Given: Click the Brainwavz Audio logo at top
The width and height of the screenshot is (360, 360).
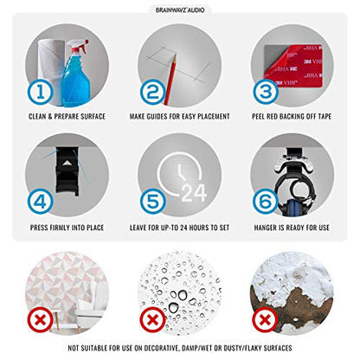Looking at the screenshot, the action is coord(180,10).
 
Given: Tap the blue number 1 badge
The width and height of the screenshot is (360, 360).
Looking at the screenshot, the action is coord(41,93).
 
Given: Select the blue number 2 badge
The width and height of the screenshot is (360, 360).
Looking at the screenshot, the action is coord(153,93).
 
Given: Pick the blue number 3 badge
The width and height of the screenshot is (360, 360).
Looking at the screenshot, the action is coord(266,92).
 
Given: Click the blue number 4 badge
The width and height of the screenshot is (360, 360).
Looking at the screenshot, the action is coord(41,202).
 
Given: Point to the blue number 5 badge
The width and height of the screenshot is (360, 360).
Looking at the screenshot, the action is coord(153,202).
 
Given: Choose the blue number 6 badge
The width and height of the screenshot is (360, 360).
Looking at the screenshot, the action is coord(266,202).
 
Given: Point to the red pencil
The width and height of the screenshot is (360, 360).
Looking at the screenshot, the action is coord(170,80).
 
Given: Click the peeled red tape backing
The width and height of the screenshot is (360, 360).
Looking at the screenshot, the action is coord(295,66).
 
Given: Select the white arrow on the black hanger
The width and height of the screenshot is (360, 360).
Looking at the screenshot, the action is coord(67,164).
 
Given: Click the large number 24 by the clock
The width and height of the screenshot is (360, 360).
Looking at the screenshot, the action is coord(194,193).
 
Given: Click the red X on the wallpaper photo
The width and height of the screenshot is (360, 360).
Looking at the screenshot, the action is coord(41,320).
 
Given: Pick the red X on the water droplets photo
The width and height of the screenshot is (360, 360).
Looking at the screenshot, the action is coord(153,320).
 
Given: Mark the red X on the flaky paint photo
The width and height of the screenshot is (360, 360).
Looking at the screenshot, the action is coord(266,320).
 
